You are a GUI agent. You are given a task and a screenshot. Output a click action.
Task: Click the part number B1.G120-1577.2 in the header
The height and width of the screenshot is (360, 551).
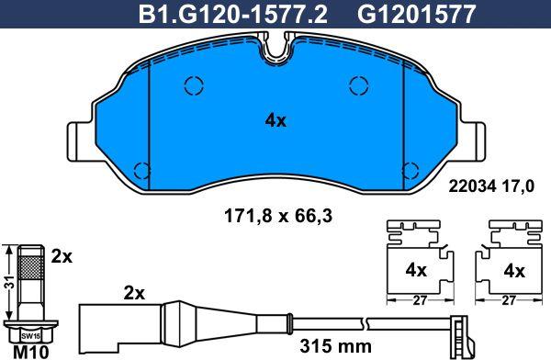click(x=232, y=15)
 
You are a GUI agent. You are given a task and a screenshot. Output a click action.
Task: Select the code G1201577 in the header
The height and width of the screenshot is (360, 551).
click(x=417, y=15)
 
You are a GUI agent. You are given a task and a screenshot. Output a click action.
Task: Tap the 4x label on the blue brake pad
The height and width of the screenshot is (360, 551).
click(x=275, y=121)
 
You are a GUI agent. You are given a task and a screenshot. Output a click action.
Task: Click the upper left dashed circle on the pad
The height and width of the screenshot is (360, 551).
click(x=194, y=85)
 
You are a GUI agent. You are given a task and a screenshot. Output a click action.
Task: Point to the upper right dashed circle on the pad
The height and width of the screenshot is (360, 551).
click(x=359, y=85)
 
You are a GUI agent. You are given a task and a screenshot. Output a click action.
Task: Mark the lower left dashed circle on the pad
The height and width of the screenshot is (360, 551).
click(x=142, y=171)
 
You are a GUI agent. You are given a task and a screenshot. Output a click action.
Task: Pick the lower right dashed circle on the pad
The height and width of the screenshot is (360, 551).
click(x=410, y=171)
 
